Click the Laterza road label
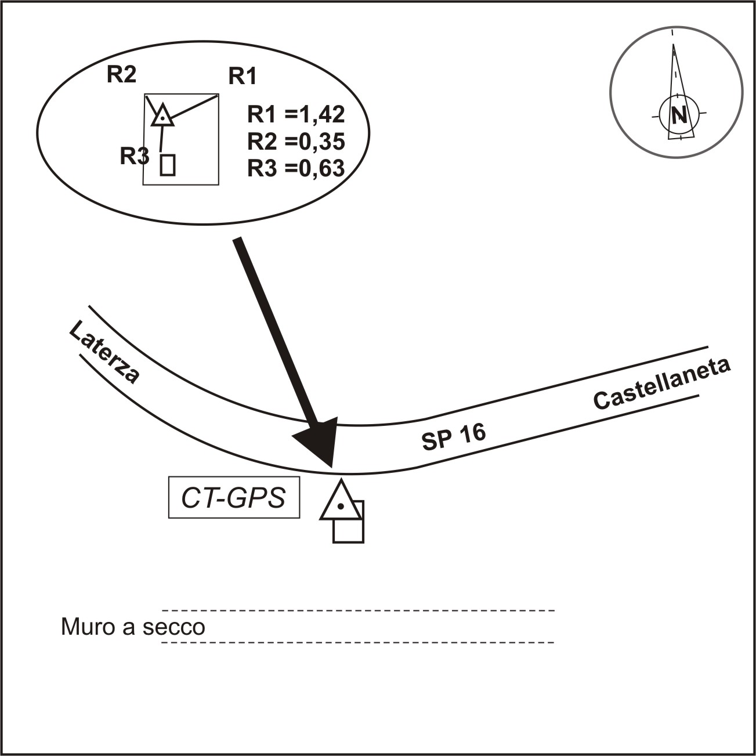[104, 353]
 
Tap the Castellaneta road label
[662, 384]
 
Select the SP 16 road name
[453, 436]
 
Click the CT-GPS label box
[234, 498]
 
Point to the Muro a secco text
[133, 627]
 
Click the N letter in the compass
[679, 115]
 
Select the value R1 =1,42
[296, 114]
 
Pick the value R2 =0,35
[296, 141]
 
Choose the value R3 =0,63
[296, 168]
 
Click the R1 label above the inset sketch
[242, 76]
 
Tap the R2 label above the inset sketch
[121, 75]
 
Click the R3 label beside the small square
[134, 156]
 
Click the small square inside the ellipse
[168, 165]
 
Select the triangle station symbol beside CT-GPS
[340, 502]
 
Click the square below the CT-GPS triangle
[348, 529]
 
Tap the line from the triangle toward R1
[195, 107]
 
